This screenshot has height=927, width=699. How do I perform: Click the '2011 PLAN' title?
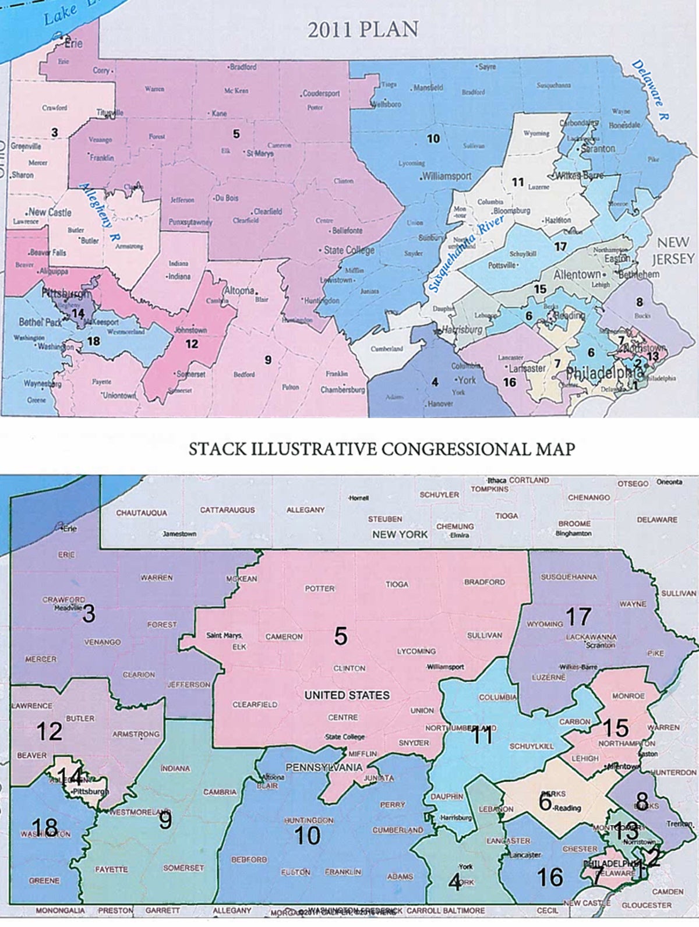click(x=363, y=30)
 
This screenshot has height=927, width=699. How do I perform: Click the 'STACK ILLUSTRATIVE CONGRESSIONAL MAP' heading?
click(x=382, y=449)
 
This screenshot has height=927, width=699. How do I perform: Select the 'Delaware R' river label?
click(x=651, y=90)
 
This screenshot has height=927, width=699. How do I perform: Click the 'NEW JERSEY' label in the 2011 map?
click(x=673, y=250)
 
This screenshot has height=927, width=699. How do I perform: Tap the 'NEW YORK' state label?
click(x=400, y=534)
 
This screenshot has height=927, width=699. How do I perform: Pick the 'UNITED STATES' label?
click(x=347, y=695)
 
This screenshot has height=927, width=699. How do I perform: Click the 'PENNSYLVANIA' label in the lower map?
click(x=324, y=767)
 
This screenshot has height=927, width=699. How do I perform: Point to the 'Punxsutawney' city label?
click(x=190, y=222)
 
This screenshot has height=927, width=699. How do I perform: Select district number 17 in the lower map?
click(x=578, y=616)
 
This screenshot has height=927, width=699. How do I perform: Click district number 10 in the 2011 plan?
click(x=433, y=139)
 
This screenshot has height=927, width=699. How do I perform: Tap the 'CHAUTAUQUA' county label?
click(x=141, y=513)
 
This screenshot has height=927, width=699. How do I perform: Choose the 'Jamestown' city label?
click(x=179, y=533)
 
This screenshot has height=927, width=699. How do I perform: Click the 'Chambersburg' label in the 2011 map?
click(x=343, y=390)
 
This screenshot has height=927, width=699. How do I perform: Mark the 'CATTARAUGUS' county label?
click(x=227, y=510)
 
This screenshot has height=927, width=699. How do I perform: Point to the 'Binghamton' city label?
click(x=573, y=533)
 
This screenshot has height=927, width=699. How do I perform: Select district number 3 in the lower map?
click(x=89, y=613)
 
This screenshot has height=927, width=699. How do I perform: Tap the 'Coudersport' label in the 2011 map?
click(x=321, y=93)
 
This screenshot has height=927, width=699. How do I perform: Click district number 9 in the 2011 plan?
click(x=267, y=360)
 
